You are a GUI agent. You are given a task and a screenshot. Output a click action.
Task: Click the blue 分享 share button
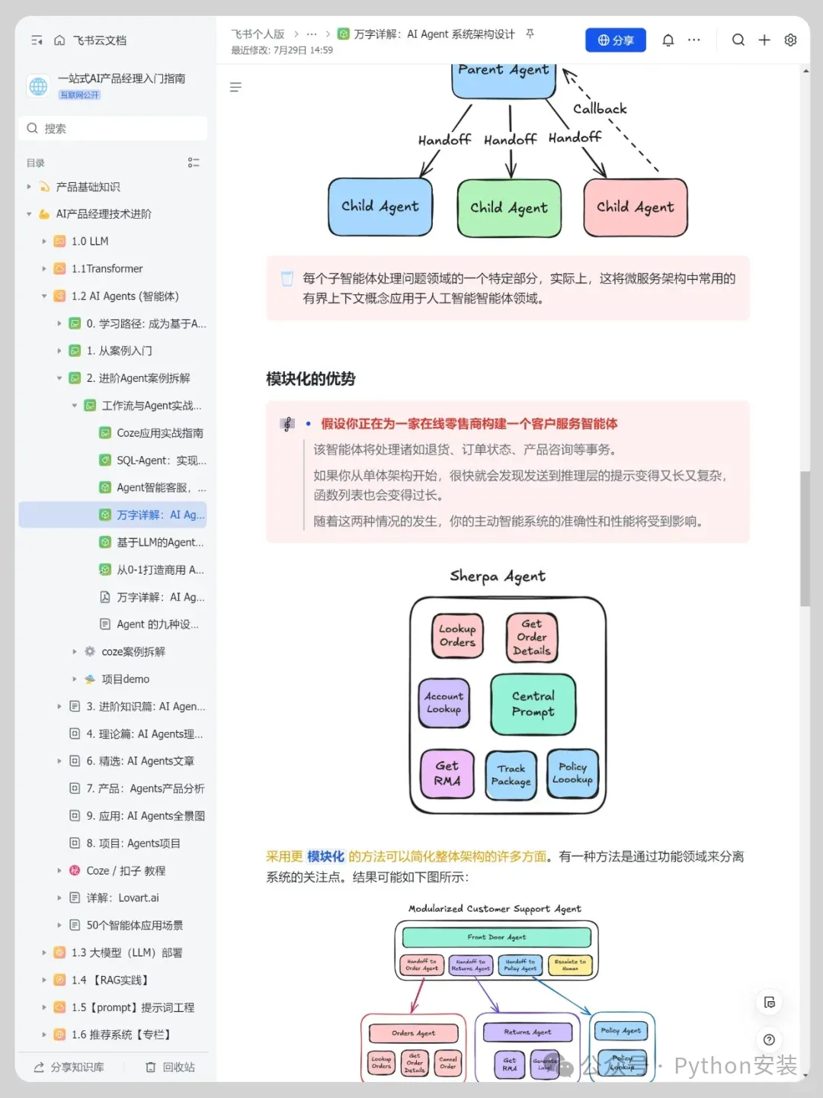pyautogui.click(x=616, y=40)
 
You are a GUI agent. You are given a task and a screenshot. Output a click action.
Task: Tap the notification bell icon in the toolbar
pyautogui.click(x=668, y=40)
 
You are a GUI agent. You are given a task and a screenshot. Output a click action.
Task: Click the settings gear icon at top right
pyautogui.click(x=790, y=40)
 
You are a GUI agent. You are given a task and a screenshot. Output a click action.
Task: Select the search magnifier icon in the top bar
pyautogui.click(x=738, y=40)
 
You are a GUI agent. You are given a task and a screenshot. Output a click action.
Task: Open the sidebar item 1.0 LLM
pyautogui.click(x=90, y=241)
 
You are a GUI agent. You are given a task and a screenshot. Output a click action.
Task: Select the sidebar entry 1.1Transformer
pyautogui.click(x=107, y=268)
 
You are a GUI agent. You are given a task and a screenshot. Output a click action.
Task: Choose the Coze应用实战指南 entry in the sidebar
pyautogui.click(x=159, y=433)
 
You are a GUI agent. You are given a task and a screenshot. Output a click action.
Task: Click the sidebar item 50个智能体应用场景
pyautogui.click(x=134, y=925)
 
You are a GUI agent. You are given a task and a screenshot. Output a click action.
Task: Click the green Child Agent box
pyautogui.click(x=509, y=207)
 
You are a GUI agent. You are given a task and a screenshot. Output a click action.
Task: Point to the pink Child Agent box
pyautogui.click(x=635, y=207)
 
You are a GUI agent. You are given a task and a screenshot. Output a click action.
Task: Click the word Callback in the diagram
pyautogui.click(x=600, y=109)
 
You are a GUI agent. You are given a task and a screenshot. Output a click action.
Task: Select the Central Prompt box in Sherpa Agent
pyautogui.click(x=533, y=704)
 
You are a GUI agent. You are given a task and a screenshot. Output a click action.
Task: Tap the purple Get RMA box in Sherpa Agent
pyautogui.click(x=447, y=773)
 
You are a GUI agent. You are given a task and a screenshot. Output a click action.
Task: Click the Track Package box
pyautogui.click(x=511, y=775)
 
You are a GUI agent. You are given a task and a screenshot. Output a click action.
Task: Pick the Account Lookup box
pyautogui.click(x=444, y=702)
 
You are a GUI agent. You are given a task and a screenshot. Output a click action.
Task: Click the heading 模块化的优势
pyautogui.click(x=310, y=379)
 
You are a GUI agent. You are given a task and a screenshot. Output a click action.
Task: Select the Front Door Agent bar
pyautogui.click(x=496, y=937)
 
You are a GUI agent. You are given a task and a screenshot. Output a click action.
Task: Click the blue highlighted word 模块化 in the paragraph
pyautogui.click(x=325, y=856)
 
